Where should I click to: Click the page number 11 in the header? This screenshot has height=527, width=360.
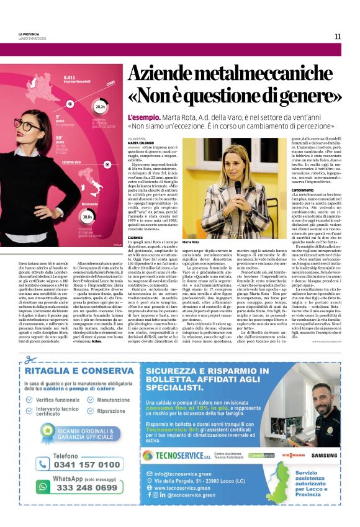point(338,36)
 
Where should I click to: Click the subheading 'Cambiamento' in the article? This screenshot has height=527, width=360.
point(285,189)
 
